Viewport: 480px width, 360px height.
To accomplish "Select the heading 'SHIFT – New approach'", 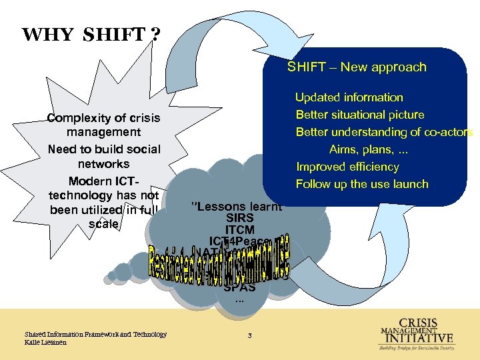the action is (357, 67).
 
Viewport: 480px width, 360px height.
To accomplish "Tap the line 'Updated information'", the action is (349, 97).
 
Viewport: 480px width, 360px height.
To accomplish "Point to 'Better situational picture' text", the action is (360, 115).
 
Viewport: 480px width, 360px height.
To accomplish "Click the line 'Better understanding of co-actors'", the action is (384, 132).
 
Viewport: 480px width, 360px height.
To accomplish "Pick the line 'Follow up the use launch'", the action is (362, 184).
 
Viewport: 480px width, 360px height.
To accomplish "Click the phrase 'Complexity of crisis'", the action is (103, 118).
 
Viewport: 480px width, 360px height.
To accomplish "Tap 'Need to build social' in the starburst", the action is (104, 149).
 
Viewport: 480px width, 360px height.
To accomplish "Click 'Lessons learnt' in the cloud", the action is (236, 206).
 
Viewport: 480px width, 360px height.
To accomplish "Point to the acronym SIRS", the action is (239, 218).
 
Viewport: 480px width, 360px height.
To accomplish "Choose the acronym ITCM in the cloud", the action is (239, 230).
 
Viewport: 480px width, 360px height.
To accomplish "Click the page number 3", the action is (249, 335).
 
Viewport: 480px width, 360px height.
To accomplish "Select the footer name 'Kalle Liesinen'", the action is (46, 342).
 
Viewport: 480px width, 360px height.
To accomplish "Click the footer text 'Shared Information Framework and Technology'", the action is (95, 334).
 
